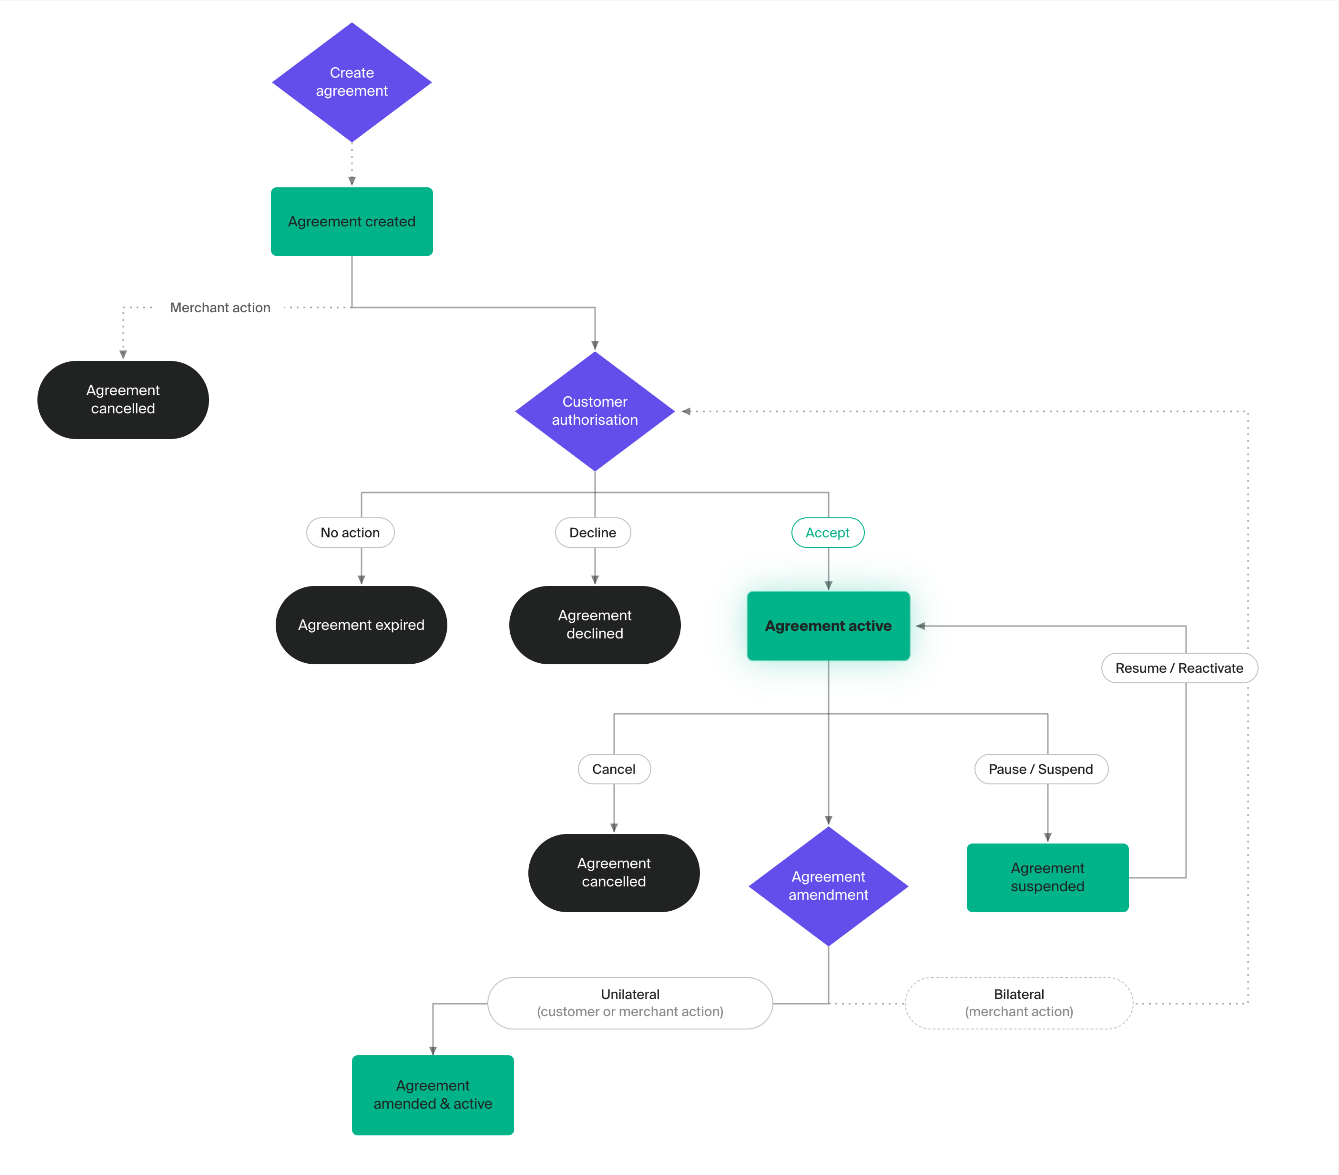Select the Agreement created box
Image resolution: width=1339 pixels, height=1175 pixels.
(352, 222)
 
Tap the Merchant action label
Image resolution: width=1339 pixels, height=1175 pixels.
(220, 307)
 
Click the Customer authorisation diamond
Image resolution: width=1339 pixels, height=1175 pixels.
(595, 411)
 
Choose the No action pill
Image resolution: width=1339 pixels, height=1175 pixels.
(350, 533)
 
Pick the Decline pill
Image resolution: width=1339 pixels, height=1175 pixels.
(593, 533)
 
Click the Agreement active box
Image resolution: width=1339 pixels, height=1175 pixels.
(829, 626)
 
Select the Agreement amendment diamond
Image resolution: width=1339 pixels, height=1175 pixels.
(829, 886)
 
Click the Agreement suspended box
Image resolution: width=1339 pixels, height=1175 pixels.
(1048, 877)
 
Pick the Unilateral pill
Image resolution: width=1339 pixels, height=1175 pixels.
(630, 1003)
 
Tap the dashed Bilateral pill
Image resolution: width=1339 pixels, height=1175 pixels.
(1019, 1003)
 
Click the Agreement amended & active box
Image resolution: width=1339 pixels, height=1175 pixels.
(433, 1095)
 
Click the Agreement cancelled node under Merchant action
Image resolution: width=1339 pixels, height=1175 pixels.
(123, 400)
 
